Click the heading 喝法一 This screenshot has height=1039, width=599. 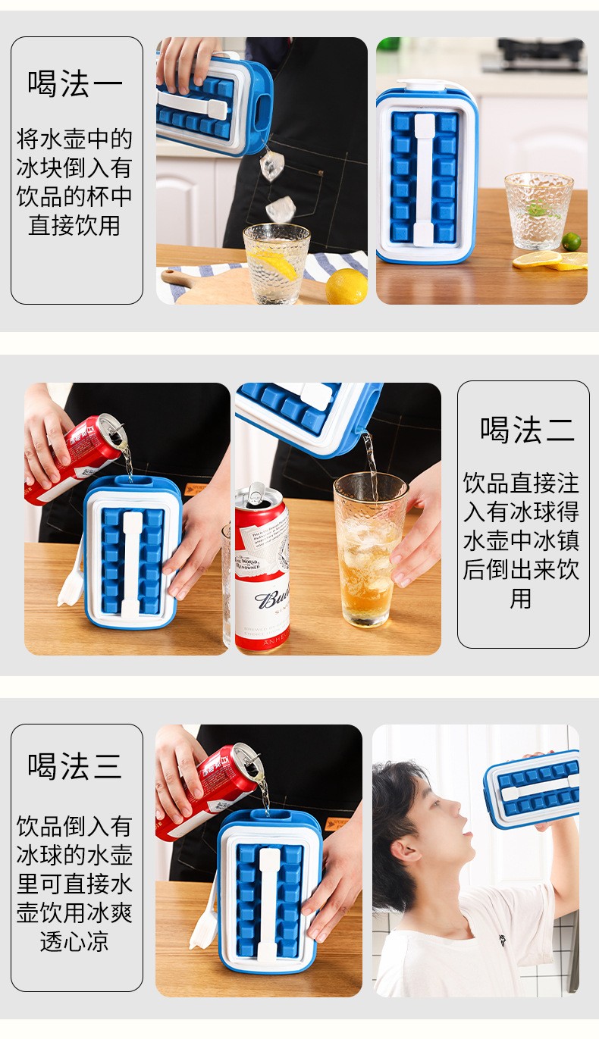pyautogui.click(x=75, y=84)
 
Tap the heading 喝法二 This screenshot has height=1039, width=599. pyautogui.click(x=528, y=430)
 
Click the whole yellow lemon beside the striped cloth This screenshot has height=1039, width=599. pyautogui.click(x=346, y=286)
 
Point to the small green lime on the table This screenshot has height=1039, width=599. pyautogui.click(x=571, y=242)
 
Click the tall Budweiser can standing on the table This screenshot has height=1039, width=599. pyautogui.click(x=262, y=567)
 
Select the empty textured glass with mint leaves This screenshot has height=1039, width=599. pyautogui.click(x=538, y=211)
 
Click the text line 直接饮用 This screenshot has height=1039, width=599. pyautogui.click(x=74, y=225)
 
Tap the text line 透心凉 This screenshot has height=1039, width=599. pyautogui.click(x=74, y=941)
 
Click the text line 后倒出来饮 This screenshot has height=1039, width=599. pyautogui.click(x=521, y=569)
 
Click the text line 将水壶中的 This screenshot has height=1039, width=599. pyautogui.click(x=74, y=139)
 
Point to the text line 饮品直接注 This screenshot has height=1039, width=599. pyautogui.click(x=521, y=483)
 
